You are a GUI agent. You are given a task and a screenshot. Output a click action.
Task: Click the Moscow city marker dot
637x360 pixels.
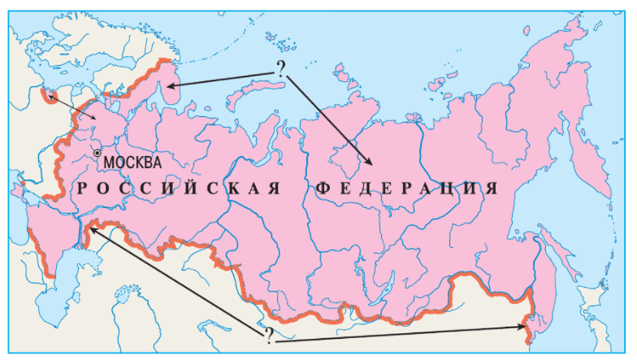97,152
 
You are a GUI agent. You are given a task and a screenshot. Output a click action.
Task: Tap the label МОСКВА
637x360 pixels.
132,162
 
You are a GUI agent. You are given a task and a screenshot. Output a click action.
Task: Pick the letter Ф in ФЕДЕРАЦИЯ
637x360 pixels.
320,189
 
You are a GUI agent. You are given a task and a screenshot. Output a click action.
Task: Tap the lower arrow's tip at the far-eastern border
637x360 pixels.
526,327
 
